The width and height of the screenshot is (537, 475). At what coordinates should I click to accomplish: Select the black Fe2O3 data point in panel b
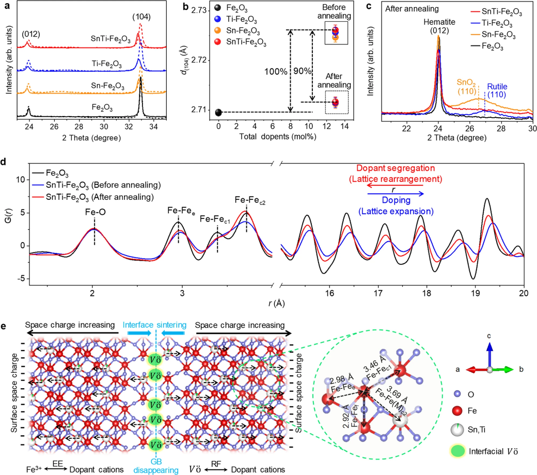(x=219, y=112)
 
